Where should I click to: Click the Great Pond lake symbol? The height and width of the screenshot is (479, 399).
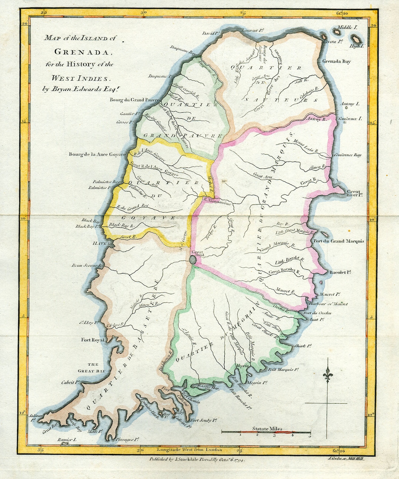(x=192, y=260)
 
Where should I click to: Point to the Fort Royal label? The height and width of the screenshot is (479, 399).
(x=93, y=340)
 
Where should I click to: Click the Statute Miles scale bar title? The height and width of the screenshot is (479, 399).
(x=267, y=429)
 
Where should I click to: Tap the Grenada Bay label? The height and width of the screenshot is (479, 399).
(x=336, y=61)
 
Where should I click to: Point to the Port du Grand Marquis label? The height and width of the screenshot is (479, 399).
(x=338, y=241)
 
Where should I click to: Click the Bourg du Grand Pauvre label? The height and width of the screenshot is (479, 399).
(x=134, y=100)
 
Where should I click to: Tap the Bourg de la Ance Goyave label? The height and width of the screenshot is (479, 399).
(x=97, y=154)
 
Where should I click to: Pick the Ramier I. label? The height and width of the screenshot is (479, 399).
(x=67, y=440)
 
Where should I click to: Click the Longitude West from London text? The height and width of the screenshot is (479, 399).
(x=190, y=450)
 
